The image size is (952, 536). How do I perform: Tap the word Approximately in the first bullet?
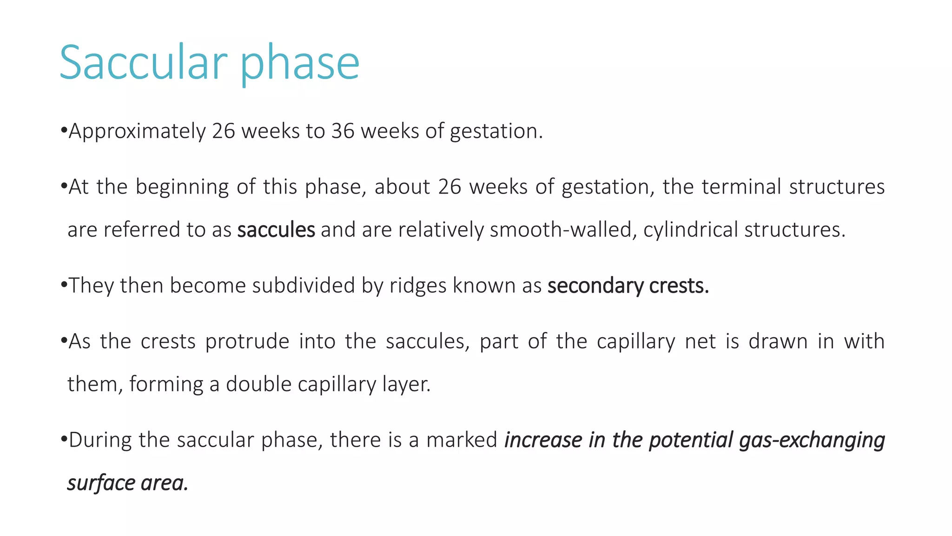coord(137,132)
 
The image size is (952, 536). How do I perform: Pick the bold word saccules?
coord(276,230)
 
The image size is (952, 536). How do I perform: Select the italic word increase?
coord(543,440)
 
